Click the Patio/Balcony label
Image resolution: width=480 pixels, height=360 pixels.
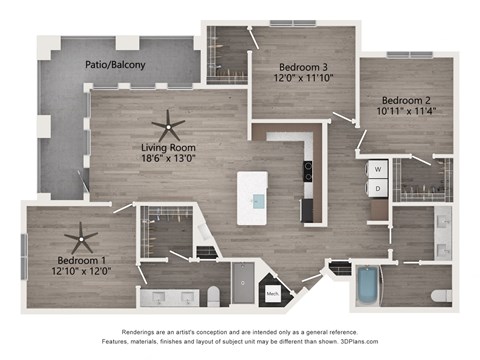115,64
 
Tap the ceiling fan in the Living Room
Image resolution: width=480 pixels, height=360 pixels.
168,127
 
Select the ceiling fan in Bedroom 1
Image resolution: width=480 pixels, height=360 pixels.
81,239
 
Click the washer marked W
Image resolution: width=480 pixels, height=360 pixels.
378,170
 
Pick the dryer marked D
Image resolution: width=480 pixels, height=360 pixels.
378,189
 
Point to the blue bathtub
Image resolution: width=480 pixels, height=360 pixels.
368,284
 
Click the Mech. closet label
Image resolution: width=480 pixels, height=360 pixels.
272,294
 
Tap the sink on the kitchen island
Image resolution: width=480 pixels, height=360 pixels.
258,201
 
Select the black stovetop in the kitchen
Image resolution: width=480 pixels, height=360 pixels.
308,171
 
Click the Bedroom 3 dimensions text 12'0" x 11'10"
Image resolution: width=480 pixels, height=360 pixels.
304,78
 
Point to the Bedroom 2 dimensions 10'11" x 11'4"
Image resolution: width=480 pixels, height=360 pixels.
406,111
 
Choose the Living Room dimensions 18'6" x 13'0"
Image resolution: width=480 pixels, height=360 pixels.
168,158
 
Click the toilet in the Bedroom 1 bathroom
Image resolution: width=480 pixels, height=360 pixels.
213,296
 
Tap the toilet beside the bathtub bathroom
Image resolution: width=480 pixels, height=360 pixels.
441,296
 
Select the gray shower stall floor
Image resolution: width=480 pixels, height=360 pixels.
243,283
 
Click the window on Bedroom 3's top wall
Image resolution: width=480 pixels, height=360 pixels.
293,23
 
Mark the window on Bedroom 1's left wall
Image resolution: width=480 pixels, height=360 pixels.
24,257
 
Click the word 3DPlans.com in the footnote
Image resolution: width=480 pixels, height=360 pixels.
359,342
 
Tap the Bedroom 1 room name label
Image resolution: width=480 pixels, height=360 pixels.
81,260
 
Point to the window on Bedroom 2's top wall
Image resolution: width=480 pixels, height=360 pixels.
410,55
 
